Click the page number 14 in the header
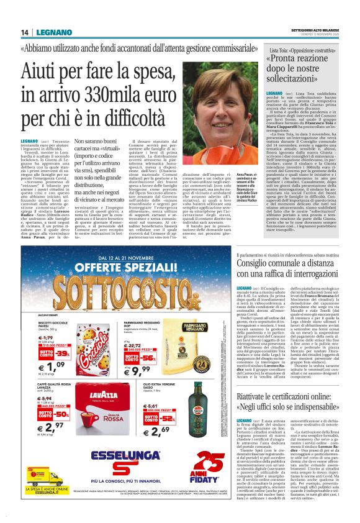24,33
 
